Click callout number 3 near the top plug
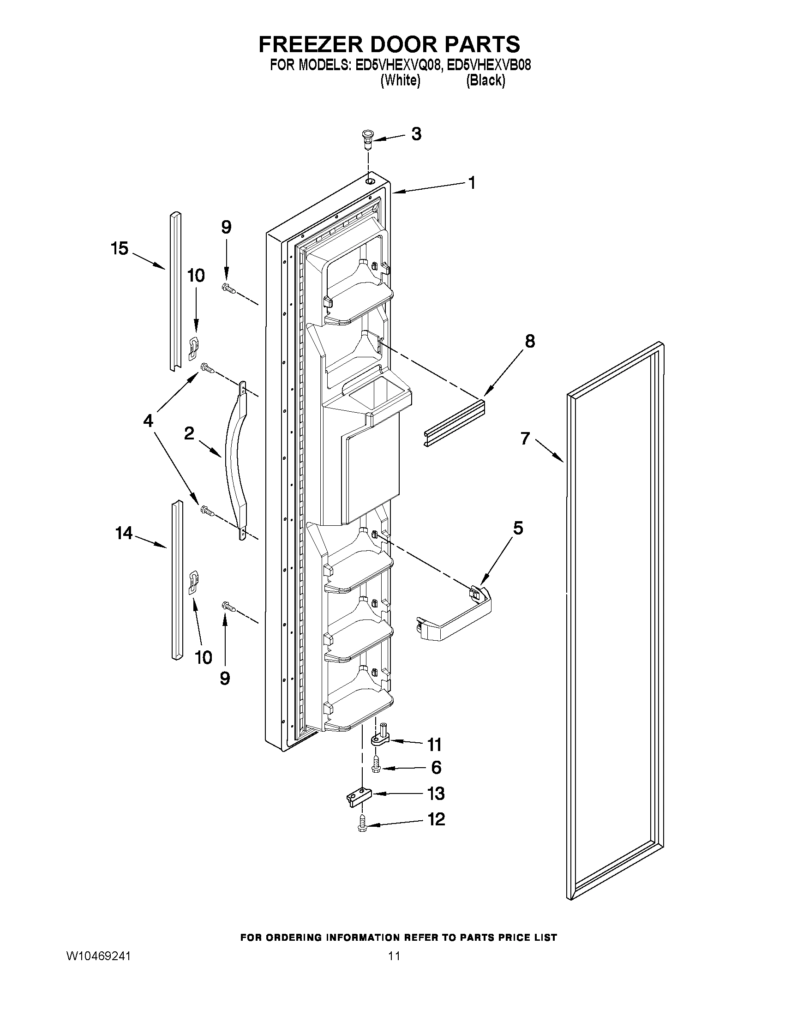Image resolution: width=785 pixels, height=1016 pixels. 416,134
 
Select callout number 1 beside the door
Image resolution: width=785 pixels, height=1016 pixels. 472,183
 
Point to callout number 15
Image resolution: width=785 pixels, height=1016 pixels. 120,248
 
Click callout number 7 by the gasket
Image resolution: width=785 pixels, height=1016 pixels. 525,438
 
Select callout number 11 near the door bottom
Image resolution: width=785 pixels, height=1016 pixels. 434,744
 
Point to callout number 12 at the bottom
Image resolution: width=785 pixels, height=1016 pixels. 436,819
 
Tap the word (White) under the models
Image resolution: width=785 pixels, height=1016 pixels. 401,80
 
